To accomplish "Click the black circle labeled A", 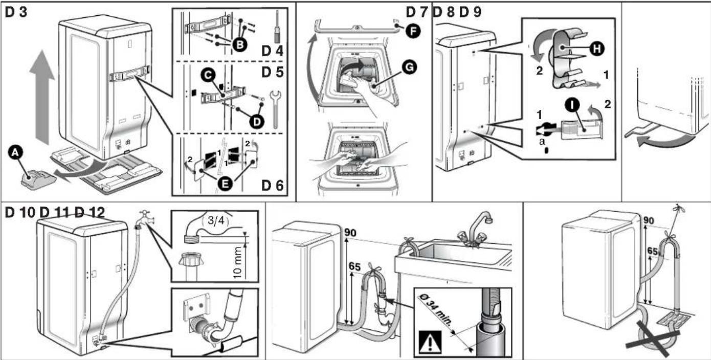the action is (15, 153).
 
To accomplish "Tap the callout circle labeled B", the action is (240, 44).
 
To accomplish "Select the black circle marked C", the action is (208, 75).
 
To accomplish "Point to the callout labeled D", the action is (257, 122).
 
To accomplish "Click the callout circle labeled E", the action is (226, 184).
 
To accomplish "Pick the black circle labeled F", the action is (413, 31).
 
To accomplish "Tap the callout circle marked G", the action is (409, 67).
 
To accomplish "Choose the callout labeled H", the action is (597, 49).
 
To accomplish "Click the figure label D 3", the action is (16, 12).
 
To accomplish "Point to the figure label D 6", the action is (272, 186).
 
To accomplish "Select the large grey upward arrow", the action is (42, 97).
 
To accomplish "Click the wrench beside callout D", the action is (275, 108).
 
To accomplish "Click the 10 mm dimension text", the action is (237, 263).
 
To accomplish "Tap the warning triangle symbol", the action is (430, 342).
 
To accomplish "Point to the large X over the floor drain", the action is (653, 339).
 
